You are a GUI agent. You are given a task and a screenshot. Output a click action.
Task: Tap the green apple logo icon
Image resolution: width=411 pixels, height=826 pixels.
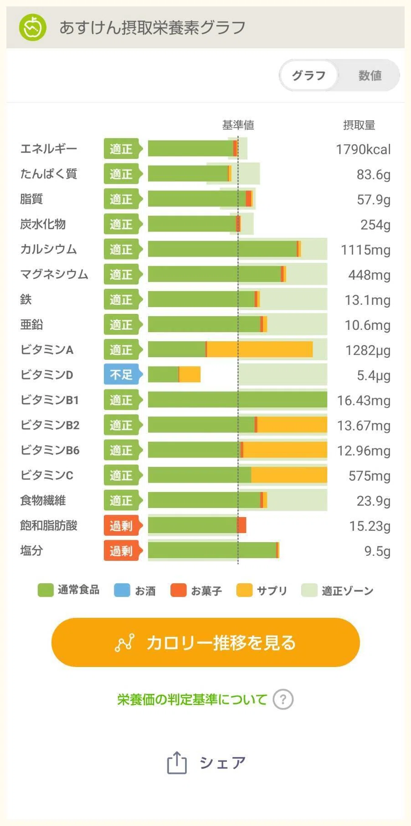pyautogui.click(x=32, y=27)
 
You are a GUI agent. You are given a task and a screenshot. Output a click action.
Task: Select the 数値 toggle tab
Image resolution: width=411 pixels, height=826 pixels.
pyautogui.click(x=370, y=75)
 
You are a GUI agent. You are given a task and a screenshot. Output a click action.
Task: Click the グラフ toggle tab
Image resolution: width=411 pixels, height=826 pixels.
pyautogui.click(x=308, y=75)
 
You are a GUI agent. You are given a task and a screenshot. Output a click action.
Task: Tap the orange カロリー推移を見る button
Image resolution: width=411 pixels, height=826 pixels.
pyautogui.click(x=205, y=642)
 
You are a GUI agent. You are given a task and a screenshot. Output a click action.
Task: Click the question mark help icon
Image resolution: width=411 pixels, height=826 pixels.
pyautogui.click(x=283, y=699)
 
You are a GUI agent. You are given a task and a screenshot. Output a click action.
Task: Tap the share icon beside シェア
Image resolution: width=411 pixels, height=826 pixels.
pyautogui.click(x=177, y=763)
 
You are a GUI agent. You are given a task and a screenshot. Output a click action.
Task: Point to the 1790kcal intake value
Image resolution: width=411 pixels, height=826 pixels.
pyautogui.click(x=363, y=149)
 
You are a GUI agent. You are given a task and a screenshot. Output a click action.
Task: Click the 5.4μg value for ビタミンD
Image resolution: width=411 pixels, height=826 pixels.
pyautogui.click(x=373, y=376)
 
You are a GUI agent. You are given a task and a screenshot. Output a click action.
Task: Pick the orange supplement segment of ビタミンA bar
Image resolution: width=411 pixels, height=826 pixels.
pyautogui.click(x=260, y=349)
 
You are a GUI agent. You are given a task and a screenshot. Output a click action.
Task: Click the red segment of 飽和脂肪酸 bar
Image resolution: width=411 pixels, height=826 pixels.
pyautogui.click(x=241, y=525)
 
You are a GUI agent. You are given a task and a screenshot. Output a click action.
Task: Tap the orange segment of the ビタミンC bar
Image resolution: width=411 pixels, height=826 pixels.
pyautogui.click(x=289, y=475)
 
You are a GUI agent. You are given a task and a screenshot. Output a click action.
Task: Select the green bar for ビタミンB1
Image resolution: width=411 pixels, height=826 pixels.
pyautogui.click(x=237, y=400)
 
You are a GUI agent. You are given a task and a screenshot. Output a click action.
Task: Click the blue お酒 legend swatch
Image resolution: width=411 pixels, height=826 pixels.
pyautogui.click(x=122, y=590)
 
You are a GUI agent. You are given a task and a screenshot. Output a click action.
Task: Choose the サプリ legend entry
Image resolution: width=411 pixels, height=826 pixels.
pyautogui.click(x=262, y=590)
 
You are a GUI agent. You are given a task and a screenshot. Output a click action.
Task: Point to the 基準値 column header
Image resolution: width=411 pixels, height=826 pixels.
pyautogui.click(x=238, y=125)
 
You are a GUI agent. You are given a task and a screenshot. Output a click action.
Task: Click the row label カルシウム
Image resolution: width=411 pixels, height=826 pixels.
pyautogui.click(x=48, y=249)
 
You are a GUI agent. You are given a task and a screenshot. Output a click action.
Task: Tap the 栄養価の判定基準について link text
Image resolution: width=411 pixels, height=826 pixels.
pyautogui.click(x=192, y=699)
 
